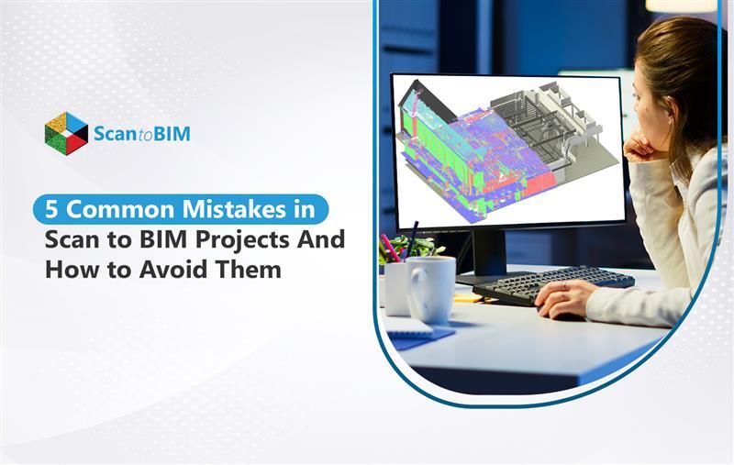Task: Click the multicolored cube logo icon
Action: point(66,134)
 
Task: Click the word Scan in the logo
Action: point(115,135)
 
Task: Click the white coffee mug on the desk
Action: point(429,287)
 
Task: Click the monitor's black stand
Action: point(488,252)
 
